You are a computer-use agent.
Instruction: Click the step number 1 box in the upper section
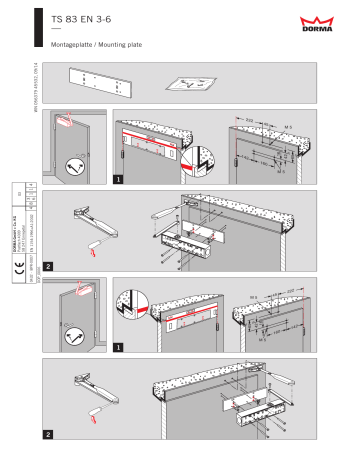[120, 180]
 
